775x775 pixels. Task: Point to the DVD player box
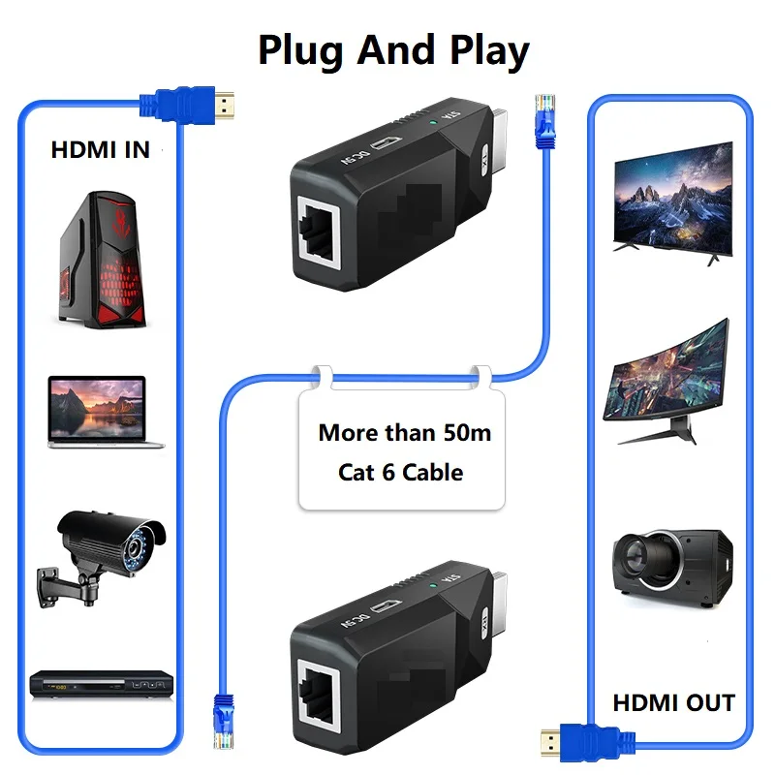[101, 684]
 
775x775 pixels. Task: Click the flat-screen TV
[672, 199]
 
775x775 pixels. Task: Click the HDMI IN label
[100, 150]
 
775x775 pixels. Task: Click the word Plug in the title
[301, 50]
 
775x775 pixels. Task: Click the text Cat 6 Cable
[400, 473]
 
